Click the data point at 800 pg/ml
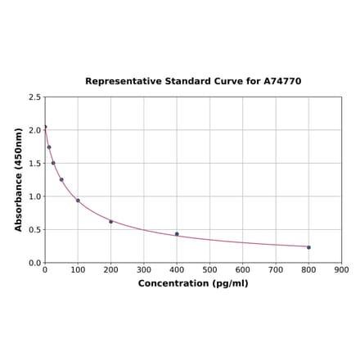(308, 247)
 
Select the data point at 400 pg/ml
(177, 234)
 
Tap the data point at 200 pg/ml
(111, 222)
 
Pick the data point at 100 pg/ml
(78, 201)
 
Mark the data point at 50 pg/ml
(61, 180)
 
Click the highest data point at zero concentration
(45, 127)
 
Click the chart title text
(193, 82)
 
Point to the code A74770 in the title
(281, 82)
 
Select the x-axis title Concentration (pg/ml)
(193, 283)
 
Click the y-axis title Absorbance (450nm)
(19, 179)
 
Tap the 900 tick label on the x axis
(342, 269)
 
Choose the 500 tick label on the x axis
(209, 269)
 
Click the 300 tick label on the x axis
(144, 269)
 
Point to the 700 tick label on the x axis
(276, 269)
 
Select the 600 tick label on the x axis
(243, 269)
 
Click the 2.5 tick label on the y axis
(34, 97)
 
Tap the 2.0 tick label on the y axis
(34, 130)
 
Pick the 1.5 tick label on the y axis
(34, 164)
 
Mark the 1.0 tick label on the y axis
(34, 196)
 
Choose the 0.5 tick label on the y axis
(34, 230)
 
